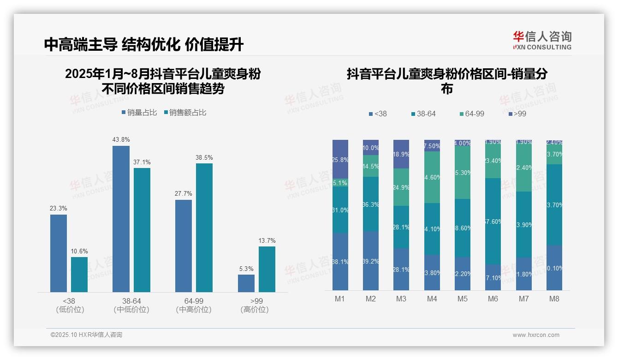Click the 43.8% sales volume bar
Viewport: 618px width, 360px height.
pos(121,219)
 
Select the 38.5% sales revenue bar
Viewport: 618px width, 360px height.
pos(204,228)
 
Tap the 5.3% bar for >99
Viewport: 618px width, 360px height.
pos(246,283)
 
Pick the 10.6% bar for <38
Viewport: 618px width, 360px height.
pos(79,275)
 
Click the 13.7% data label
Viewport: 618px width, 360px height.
pos(267,241)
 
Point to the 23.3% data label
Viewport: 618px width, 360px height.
pos(59,209)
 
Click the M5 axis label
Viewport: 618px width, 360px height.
pos(463,299)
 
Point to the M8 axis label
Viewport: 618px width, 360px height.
pos(554,299)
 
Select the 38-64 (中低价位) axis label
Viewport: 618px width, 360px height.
pos(131,305)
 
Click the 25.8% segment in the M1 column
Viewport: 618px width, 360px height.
pos(340,159)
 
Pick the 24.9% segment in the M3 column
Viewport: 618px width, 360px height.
pos(401,187)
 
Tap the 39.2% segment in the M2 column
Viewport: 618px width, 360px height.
pos(371,261)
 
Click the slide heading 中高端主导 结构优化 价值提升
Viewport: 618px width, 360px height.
pos(144,44)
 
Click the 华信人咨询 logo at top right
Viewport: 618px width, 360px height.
pos(542,40)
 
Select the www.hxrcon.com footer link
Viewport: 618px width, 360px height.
pos(536,335)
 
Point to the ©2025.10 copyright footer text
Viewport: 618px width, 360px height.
pos(86,335)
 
